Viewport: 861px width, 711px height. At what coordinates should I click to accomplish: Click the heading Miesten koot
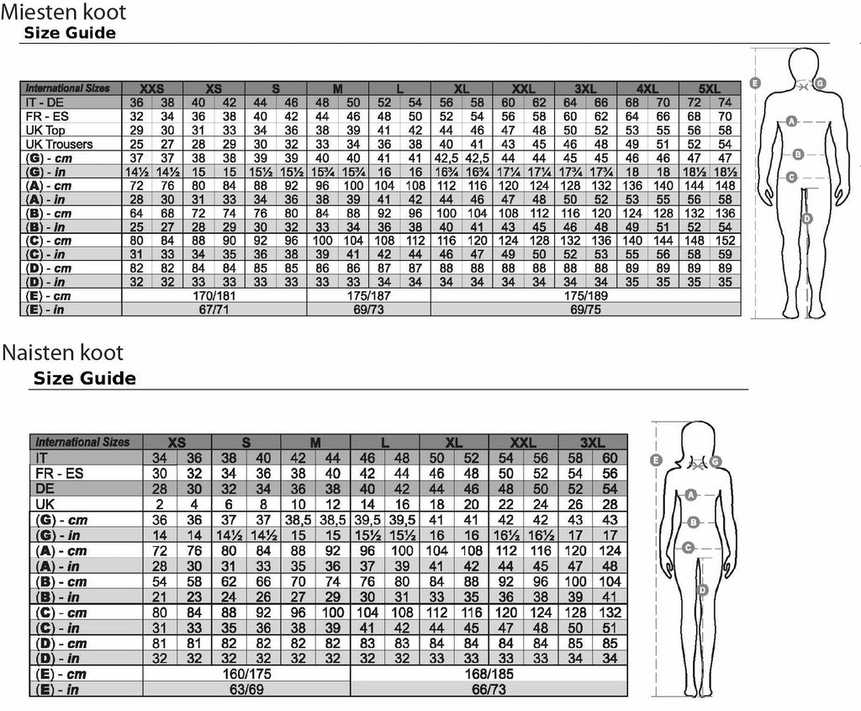(x=64, y=12)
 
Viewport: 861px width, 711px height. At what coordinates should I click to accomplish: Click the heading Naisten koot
(x=62, y=353)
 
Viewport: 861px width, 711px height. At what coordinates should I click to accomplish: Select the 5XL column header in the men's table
(x=710, y=88)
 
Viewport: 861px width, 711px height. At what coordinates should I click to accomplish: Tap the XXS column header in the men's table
(x=151, y=88)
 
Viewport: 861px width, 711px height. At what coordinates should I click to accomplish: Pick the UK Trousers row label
(x=60, y=144)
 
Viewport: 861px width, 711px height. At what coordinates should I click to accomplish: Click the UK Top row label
(x=45, y=130)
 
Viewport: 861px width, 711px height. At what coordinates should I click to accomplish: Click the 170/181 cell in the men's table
(x=214, y=295)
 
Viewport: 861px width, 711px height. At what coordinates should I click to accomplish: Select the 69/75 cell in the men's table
(x=585, y=310)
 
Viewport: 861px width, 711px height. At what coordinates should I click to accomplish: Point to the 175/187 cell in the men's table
(x=368, y=295)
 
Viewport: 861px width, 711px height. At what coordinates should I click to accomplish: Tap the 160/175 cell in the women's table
(x=246, y=674)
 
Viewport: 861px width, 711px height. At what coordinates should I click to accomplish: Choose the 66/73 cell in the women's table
(x=489, y=689)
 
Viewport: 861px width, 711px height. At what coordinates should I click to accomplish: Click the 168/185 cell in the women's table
(x=489, y=674)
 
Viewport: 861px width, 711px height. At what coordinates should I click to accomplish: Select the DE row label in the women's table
(x=45, y=489)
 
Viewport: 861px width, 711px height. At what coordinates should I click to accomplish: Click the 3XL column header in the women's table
(x=593, y=443)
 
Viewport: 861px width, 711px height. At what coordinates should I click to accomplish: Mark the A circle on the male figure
(x=791, y=121)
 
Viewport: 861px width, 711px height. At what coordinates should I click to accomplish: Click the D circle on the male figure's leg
(x=806, y=219)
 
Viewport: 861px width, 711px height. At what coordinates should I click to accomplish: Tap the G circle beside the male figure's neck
(x=820, y=83)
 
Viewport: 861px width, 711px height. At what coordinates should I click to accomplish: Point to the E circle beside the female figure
(x=656, y=460)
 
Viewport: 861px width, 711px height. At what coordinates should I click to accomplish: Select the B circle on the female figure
(x=694, y=522)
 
